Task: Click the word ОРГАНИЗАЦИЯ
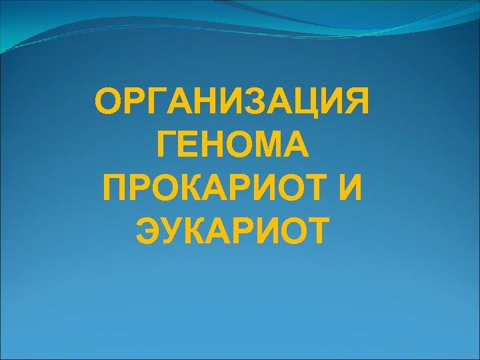pos(232,103)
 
